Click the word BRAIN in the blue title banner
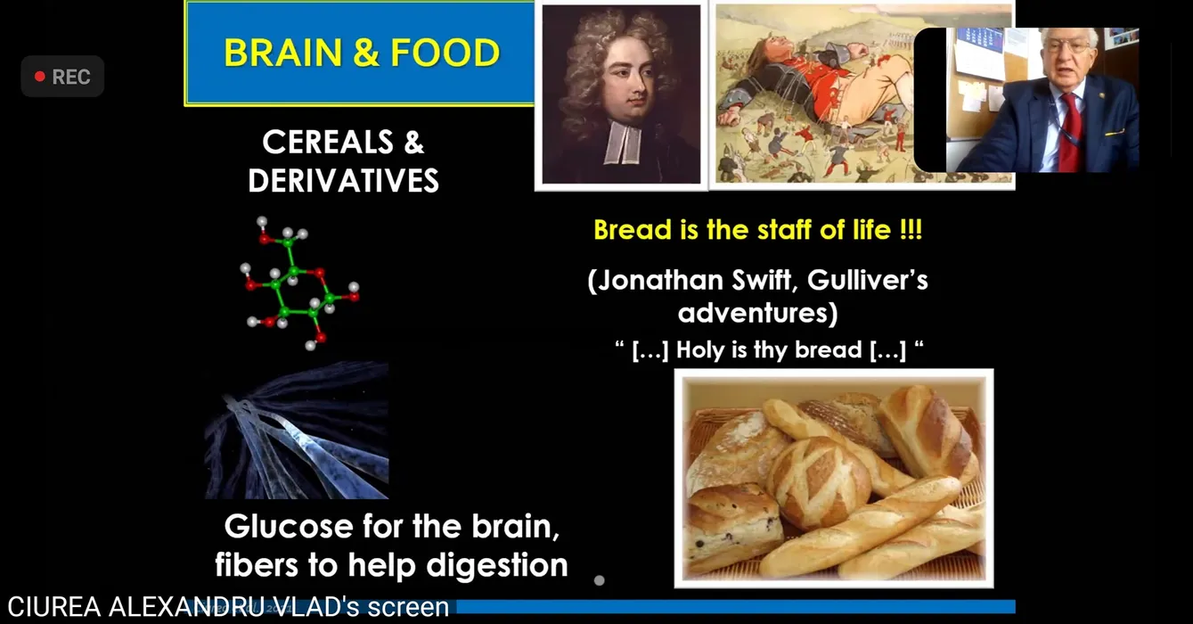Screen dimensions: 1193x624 point(282,53)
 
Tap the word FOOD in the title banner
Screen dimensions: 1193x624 point(445,53)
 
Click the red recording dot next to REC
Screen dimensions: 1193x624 point(39,77)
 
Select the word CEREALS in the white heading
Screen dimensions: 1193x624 point(328,143)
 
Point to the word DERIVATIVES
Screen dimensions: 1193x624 point(344,180)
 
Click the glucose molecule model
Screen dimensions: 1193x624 point(301,283)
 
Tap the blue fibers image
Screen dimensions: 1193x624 point(297,430)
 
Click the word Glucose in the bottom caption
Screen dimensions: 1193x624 point(289,527)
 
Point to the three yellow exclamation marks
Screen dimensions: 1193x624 point(911,230)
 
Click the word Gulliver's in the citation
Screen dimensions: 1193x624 point(868,281)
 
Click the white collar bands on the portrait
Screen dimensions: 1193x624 point(622,142)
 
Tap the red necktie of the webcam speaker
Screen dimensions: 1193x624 point(1069,133)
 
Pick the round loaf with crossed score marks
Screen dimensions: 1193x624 point(819,483)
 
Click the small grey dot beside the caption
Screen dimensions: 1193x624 point(599,580)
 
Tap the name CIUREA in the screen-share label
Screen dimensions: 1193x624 point(54,607)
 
